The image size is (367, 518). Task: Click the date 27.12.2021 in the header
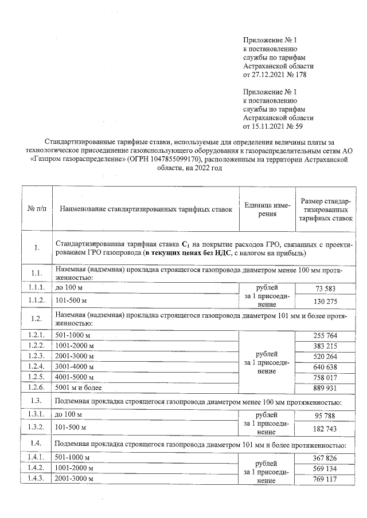coord(268,74)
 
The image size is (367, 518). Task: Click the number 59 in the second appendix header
coord(307,125)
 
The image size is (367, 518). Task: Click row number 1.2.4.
coord(36,367)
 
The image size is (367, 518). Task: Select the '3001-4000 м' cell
coord(73,367)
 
